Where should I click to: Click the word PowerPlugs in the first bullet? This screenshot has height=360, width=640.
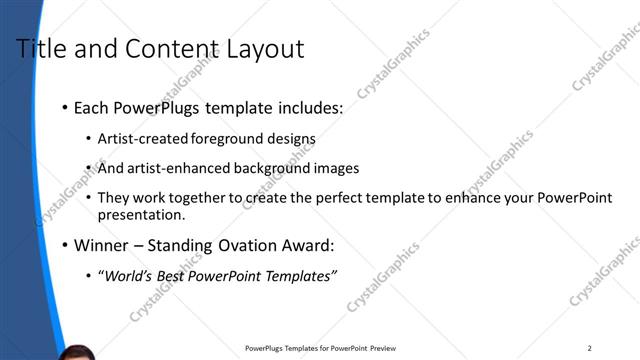pos(153,107)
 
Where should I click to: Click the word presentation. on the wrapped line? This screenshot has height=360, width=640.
pos(141,214)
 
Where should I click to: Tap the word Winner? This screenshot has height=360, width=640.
pos(103,245)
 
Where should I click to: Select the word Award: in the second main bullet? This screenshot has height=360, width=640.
pos(308,245)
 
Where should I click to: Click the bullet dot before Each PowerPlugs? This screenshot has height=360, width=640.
pos(65,107)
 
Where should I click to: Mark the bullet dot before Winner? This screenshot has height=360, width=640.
pos(65,245)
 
